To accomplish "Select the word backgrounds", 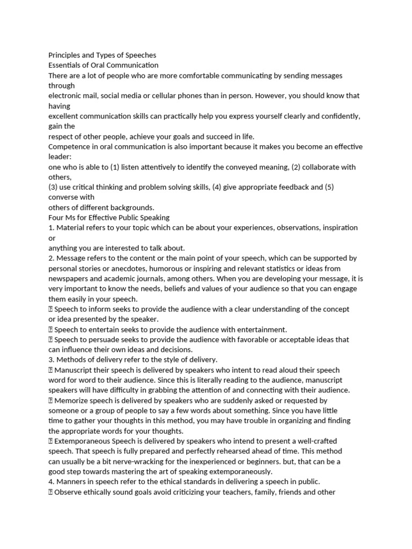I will point(131,207).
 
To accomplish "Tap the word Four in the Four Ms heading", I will point(56,218).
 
